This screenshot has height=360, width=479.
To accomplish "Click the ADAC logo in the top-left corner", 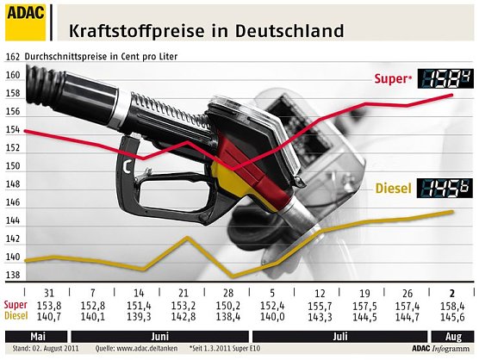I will pos(24,22).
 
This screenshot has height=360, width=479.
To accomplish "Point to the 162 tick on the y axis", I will pos(13,57).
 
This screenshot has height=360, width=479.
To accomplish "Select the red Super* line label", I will pos(393,79).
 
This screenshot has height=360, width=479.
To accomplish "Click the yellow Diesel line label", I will pos(394,189).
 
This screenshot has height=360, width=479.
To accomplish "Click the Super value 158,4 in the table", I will pos(452,306).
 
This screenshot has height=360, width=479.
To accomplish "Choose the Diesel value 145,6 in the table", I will pos(452,317).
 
